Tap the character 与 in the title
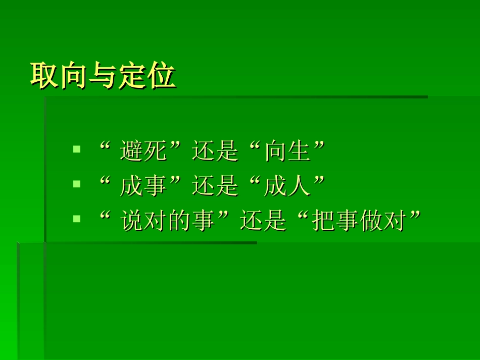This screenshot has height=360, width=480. point(103,77)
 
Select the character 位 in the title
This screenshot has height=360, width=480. point(162,77)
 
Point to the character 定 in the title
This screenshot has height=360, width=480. point(132,77)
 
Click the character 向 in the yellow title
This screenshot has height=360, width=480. point(74,77)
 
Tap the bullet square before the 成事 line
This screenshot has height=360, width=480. point(77,184)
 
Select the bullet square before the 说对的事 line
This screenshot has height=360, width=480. point(77,219)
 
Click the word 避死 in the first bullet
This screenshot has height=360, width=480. point(143,151)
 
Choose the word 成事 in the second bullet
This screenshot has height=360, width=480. point(143,186)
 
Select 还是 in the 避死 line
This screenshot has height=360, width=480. point(215,151)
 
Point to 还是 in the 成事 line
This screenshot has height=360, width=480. point(215,186)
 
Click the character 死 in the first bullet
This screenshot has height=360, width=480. point(155,151)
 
